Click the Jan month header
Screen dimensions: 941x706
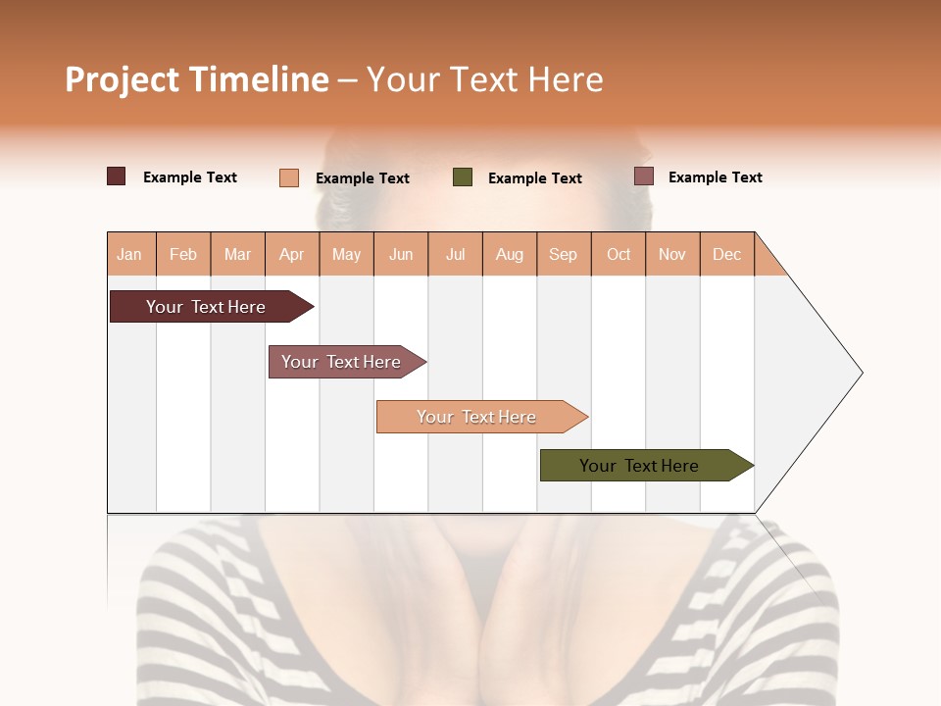(x=130, y=254)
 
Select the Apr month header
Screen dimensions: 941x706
(x=292, y=254)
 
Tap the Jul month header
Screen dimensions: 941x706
(x=456, y=254)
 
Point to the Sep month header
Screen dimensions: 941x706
(x=564, y=254)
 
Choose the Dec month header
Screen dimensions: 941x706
(x=727, y=254)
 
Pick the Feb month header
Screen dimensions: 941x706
(x=183, y=254)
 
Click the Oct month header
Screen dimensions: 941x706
(x=619, y=254)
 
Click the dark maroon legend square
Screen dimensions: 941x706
(x=117, y=176)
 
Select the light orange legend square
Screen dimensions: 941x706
(x=289, y=177)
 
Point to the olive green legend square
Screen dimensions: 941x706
(x=463, y=177)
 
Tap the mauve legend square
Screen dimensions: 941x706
(x=644, y=176)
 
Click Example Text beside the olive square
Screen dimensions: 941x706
(x=535, y=178)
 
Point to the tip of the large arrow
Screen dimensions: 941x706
(x=861, y=373)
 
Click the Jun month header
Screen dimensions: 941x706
(x=401, y=254)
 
